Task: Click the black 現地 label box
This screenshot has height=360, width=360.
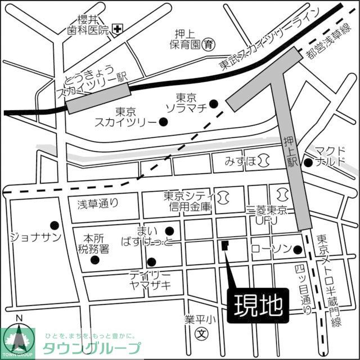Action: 258,306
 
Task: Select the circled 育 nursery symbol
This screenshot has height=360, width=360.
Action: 209,43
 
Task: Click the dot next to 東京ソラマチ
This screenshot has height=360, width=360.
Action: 214,103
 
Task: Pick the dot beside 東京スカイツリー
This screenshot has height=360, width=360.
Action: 163,121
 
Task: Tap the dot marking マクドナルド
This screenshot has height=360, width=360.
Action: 308,163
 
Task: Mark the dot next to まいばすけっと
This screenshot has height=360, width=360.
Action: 169,230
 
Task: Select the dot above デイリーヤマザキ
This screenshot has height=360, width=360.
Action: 151,262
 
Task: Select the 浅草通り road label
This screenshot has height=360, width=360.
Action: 99,205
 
